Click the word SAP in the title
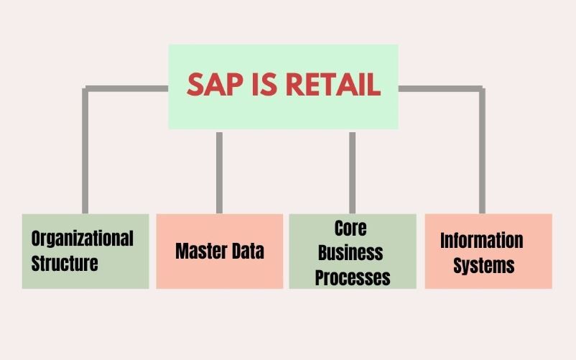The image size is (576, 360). coord(215,85)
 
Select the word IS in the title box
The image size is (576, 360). coord(264,85)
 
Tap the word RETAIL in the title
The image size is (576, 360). coord(333,85)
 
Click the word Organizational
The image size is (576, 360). coord(83,239)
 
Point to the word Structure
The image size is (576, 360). coord(65,263)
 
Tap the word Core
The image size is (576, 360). coord(350,228)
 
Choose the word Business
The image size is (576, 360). coord(350,252)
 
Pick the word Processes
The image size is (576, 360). coord(353,277)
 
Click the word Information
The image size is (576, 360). coord(482,240)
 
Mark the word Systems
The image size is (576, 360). coord(484,265)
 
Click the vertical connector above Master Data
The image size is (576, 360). coord(219,172)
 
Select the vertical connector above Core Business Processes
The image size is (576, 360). coord(353,172)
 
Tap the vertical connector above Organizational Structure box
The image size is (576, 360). coord(85,151)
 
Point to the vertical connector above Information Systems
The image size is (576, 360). coord(483,151)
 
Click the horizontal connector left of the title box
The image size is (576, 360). coord(126,88)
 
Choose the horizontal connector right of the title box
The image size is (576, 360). coord(441,88)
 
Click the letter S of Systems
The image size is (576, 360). coord(458,265)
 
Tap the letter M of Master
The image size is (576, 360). coord(182,251)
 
